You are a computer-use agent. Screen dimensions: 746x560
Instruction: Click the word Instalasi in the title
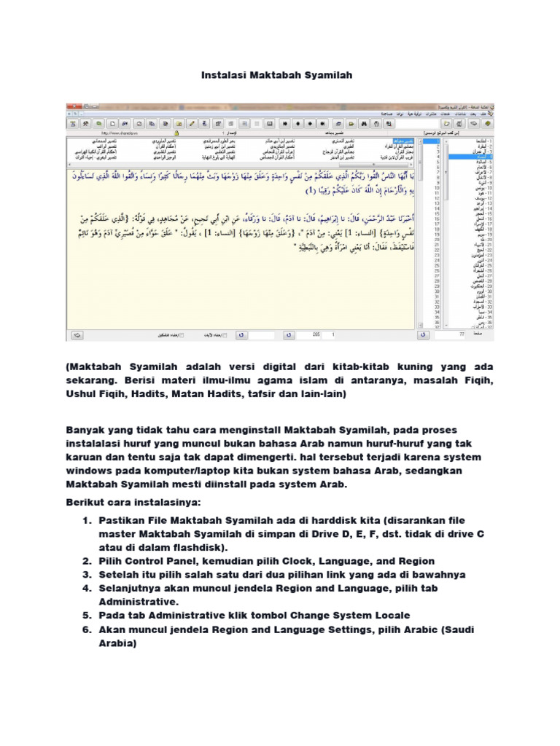[x=222, y=75]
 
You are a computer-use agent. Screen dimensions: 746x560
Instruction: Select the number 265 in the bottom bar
[x=316, y=335]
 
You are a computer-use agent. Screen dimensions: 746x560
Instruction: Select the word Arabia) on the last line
[x=118, y=644]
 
